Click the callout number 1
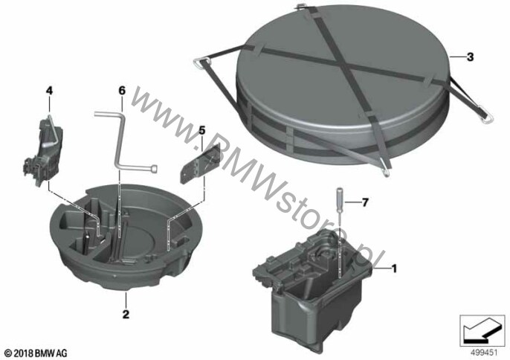[x=394, y=269]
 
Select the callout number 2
[x=126, y=314]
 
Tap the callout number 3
[x=470, y=57]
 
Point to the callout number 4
[x=49, y=91]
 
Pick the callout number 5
[x=202, y=131]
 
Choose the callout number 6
[x=122, y=91]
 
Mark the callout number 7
[x=365, y=203]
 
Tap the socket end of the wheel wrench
[x=155, y=168]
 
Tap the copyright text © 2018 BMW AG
[x=36, y=353]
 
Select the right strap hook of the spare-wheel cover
[x=486, y=118]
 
